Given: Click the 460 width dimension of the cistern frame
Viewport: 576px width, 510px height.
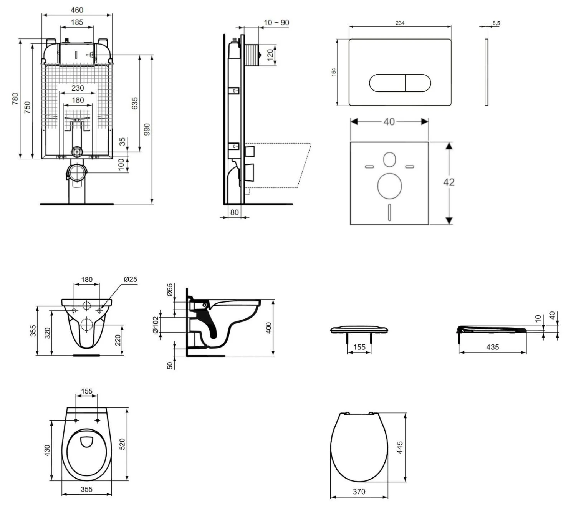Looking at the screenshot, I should pyautogui.click(x=77, y=10).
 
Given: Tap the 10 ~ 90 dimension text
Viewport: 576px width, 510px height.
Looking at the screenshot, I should pyautogui.click(x=276, y=23).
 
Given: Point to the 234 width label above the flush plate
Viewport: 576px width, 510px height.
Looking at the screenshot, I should pyautogui.click(x=400, y=23).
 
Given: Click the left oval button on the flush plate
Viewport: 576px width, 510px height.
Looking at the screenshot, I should pyautogui.click(x=387, y=83).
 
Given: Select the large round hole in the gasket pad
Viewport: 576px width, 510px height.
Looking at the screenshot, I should pyautogui.click(x=389, y=186).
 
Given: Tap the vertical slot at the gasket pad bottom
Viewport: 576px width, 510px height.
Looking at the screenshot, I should pyautogui.click(x=390, y=212).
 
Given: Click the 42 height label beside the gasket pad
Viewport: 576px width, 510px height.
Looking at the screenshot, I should pyautogui.click(x=449, y=182).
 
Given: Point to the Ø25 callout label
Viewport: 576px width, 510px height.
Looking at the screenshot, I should pyautogui.click(x=130, y=279).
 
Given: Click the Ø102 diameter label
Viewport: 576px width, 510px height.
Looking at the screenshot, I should pyautogui.click(x=156, y=325).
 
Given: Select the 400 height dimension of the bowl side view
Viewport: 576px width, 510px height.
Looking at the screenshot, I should pyautogui.click(x=269, y=328).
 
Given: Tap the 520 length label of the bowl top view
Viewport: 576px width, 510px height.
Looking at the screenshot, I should pyautogui.click(x=122, y=444).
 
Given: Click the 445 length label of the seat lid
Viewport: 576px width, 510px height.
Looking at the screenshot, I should pyautogui.click(x=400, y=448).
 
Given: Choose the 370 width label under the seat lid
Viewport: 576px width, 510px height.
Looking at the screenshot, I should pyautogui.click(x=359, y=492).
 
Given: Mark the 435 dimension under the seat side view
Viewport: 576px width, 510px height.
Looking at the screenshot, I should pyautogui.click(x=492, y=347).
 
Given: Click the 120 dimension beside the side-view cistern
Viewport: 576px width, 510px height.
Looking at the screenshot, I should pyautogui.click(x=270, y=54).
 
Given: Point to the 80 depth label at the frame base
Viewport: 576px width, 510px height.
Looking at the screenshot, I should pyautogui.click(x=234, y=212).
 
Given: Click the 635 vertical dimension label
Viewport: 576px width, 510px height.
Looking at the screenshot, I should pyautogui.click(x=135, y=103).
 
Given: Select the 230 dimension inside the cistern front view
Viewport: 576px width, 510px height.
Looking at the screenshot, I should pyautogui.click(x=78, y=88).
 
